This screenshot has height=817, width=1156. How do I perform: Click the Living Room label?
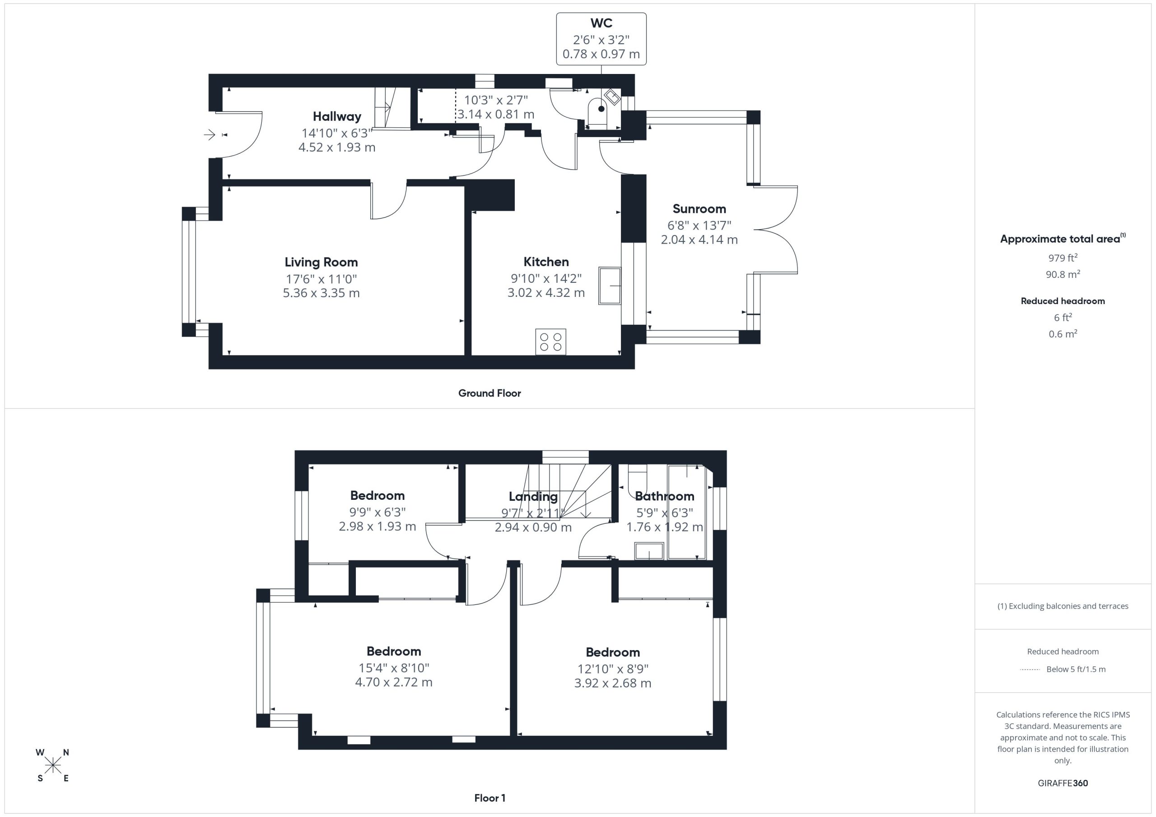[321, 262]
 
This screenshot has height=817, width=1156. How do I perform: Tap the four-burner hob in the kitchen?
[550, 342]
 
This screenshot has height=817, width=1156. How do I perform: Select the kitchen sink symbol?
[610, 286]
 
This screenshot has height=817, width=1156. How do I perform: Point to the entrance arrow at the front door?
[210, 134]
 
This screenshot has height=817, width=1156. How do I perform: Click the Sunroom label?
[699, 209]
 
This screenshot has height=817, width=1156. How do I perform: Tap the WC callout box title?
[601, 23]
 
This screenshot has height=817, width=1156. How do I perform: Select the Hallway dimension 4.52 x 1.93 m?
[337, 148]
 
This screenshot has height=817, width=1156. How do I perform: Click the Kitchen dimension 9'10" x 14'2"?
[546, 278]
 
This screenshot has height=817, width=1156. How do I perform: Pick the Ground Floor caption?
[489, 393]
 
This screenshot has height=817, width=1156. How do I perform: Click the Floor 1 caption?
[490, 798]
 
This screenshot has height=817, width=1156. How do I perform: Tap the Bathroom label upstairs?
[665, 496]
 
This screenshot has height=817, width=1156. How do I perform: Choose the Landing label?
[533, 497]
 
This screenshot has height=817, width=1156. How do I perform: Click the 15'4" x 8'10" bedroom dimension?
[394, 668]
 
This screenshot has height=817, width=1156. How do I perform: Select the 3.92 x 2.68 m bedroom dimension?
[613, 683]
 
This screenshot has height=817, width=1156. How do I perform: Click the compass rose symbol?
[52, 766]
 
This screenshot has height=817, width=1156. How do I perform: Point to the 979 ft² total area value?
[1063, 258]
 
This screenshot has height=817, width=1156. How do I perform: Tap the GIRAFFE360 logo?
[1063, 783]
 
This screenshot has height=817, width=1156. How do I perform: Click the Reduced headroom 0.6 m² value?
[1063, 333]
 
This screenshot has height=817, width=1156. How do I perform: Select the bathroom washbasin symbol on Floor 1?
[649, 551]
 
